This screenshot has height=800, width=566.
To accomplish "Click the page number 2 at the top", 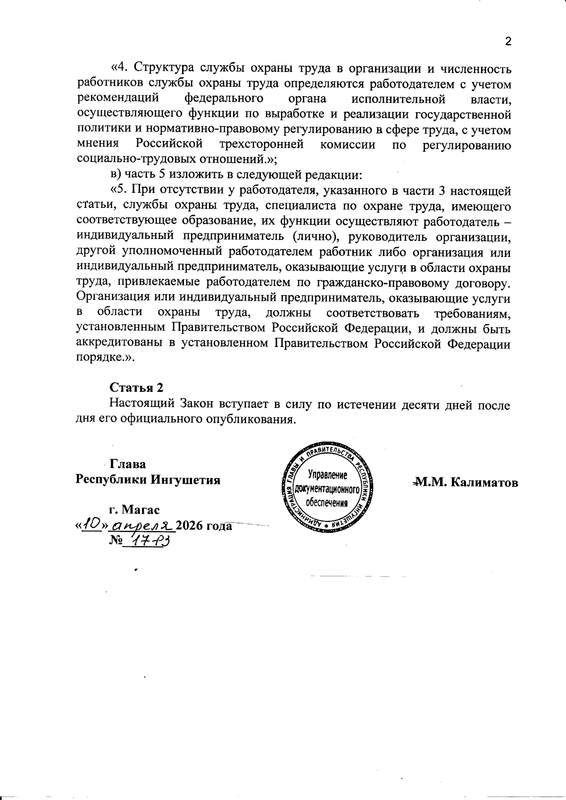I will point(508,41).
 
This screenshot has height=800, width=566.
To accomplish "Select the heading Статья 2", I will point(136,388).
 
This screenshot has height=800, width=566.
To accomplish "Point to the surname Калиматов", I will point(484,482).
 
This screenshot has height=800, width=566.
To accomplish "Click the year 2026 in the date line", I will point(191,526).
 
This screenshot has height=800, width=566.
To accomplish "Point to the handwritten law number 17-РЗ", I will point(146,541).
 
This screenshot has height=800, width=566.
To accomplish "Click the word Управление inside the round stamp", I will point(327,474).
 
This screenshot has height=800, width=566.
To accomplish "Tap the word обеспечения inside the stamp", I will point(327,503).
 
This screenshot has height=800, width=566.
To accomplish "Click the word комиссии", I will point(348,144).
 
